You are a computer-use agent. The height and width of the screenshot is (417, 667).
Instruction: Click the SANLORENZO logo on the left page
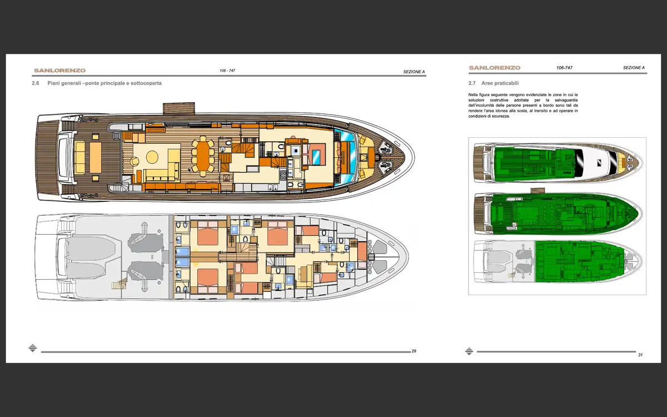pos(59,71)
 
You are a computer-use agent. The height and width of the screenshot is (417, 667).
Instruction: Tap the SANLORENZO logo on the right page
pos(495,68)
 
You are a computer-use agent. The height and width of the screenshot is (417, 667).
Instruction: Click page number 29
pos(414,351)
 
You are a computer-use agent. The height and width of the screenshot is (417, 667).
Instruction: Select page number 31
pos(640,355)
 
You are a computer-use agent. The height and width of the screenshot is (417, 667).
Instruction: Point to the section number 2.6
pos(36,83)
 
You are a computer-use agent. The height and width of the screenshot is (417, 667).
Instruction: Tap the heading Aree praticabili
pos(500,83)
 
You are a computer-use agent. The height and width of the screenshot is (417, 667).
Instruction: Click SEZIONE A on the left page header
pos(414,72)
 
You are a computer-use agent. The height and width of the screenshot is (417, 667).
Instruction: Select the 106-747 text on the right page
pos(564,68)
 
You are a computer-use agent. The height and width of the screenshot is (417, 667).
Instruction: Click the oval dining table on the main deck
pos(203,156)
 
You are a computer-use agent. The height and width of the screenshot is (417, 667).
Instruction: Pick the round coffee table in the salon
pos(152,157)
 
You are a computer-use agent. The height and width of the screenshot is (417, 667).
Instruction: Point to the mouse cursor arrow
pos(190,170)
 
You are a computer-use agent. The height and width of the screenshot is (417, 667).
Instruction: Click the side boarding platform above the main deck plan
pos(178,108)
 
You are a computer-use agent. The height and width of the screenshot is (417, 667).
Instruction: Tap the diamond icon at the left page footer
pos(33,348)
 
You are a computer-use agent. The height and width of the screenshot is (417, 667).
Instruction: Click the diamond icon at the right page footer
pos(469,351)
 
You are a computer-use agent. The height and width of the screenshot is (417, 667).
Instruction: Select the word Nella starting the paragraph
pos(473,95)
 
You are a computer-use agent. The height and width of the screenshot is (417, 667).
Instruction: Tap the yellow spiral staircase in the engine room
pos(119,284)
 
